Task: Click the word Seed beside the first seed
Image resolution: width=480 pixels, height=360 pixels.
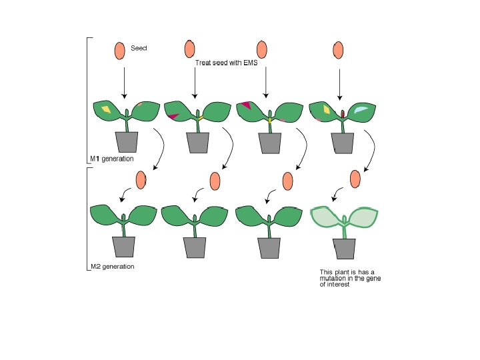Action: pyautogui.click(x=139, y=48)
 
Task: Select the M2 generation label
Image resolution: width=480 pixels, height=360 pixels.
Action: pyautogui.click(x=112, y=267)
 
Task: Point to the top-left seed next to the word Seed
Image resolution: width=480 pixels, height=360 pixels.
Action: pyautogui.click(x=119, y=50)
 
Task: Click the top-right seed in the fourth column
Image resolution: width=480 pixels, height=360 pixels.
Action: pyautogui.click(x=339, y=50)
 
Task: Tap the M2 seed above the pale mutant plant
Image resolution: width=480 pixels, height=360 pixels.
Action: pyautogui.click(x=356, y=179)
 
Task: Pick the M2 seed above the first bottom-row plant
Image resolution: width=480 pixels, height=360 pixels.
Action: pyautogui.click(x=141, y=180)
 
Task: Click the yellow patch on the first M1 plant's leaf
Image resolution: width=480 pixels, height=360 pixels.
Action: pyautogui.click(x=105, y=109)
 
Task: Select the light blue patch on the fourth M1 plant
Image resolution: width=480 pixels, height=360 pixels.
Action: pyautogui.click(x=361, y=109)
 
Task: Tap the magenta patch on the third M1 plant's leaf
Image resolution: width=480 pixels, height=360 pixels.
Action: pyautogui.click(x=247, y=104)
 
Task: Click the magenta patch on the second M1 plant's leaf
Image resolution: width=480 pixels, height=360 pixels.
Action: pyautogui.click(x=173, y=117)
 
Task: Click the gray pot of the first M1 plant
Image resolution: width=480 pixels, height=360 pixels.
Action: pyautogui.click(x=127, y=141)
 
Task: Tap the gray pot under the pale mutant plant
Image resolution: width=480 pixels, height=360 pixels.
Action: pyautogui.click(x=345, y=247)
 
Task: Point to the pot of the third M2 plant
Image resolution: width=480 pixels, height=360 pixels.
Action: pyautogui.click(x=271, y=247)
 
